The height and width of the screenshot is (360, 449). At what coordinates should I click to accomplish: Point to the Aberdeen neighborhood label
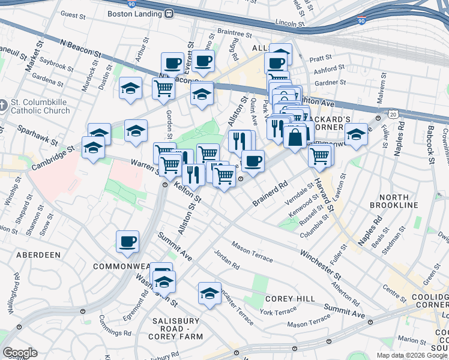pos(38,255)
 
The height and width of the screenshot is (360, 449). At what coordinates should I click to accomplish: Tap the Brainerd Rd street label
pos(271,192)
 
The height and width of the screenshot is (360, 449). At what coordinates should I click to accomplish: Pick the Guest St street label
pos(74,14)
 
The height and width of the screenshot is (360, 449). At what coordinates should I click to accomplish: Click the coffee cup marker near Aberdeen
pos(127,241)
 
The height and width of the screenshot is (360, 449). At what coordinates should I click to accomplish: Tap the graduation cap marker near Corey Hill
pos(209,293)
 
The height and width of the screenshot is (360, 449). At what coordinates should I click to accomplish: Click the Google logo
pos(20,353)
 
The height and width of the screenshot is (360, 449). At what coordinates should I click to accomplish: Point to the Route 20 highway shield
pos(393,113)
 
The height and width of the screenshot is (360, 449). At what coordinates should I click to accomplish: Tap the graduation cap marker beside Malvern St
pos(356,134)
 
